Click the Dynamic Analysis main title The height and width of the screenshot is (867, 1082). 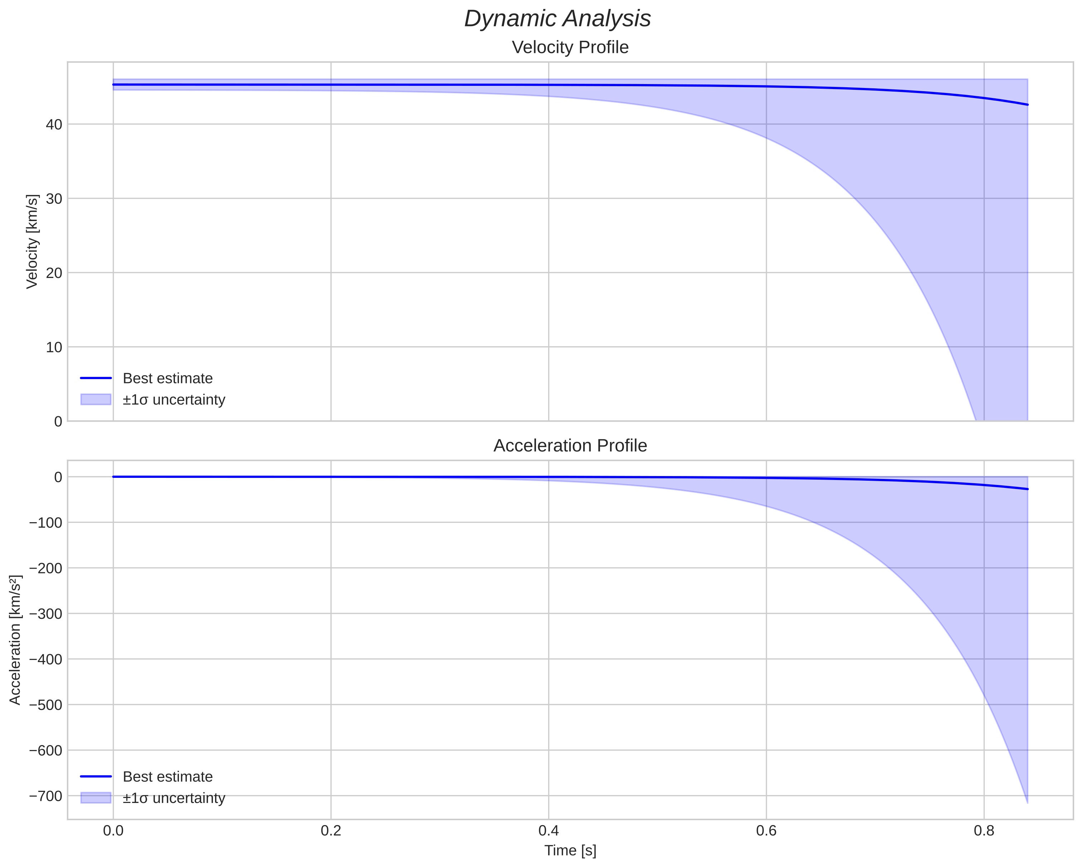(557, 19)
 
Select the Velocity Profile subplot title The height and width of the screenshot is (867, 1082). (570, 47)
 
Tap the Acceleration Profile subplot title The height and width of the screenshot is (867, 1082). (570, 446)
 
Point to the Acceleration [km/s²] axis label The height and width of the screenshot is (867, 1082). (15, 640)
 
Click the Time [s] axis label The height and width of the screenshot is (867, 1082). (570, 851)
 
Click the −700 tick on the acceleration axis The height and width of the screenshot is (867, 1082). (46, 796)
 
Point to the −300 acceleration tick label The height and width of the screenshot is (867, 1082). (46, 614)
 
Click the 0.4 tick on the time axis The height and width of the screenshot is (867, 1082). (549, 831)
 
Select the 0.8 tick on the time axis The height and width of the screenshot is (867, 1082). (984, 831)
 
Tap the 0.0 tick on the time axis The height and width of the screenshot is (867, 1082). (113, 831)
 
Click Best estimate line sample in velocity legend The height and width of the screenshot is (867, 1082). (96, 378)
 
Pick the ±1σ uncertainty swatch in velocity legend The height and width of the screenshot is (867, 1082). (96, 400)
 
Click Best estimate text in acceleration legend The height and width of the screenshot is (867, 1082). (167, 777)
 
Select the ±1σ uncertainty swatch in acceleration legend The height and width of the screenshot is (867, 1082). (96, 798)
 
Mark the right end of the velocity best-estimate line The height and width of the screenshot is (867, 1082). (1027, 104)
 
